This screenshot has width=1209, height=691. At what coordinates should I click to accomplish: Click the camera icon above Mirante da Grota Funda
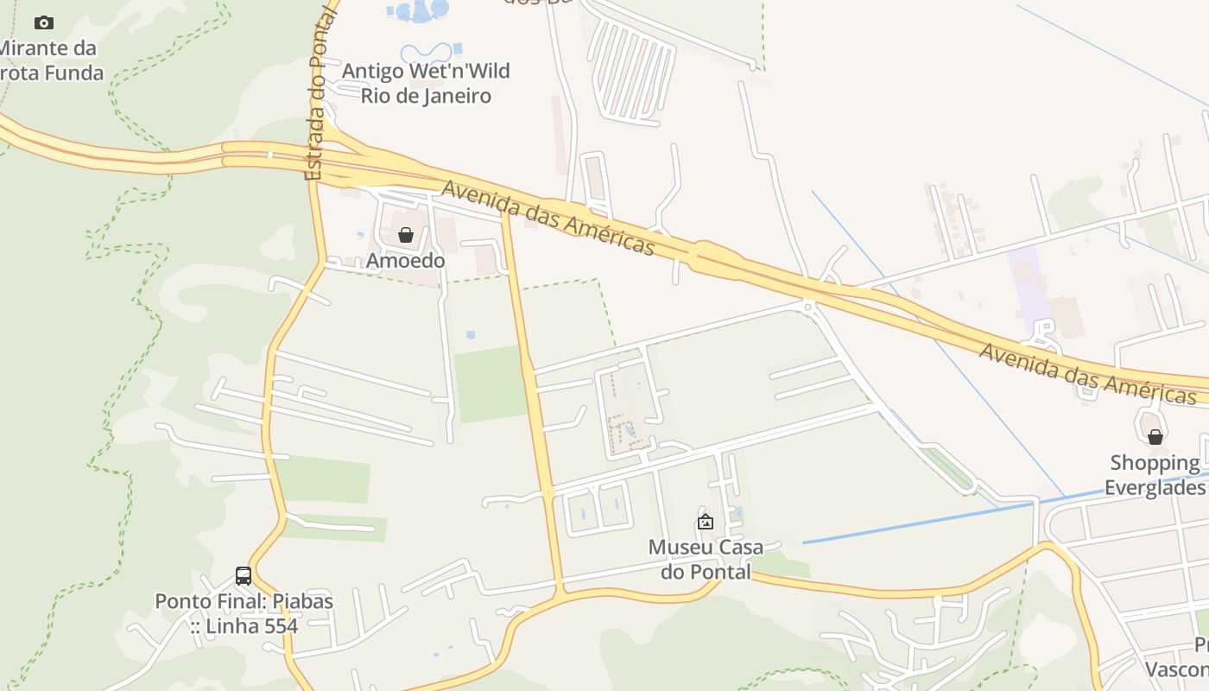[44, 22]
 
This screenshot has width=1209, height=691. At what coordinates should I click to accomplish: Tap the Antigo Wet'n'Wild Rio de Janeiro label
[426, 83]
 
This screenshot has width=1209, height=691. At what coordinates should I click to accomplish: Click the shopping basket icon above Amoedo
[406, 235]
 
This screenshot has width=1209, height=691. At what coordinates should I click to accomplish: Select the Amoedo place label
[406, 260]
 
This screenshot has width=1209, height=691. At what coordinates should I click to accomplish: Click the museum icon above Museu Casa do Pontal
[706, 522]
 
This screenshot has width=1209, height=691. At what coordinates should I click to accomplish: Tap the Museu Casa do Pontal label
[706, 559]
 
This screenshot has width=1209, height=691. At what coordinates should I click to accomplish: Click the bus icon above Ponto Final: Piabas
[244, 575]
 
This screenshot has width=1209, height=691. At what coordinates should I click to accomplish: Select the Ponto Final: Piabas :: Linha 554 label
[244, 613]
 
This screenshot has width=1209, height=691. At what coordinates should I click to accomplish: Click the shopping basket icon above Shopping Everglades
[1155, 437]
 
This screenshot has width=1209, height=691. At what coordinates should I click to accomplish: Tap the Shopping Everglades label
[1155, 475]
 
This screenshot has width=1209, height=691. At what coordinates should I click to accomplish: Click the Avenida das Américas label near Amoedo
[548, 218]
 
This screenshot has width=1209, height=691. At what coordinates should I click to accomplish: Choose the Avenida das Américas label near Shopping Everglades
[1088, 373]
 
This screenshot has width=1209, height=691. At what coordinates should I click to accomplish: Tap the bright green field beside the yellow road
[489, 384]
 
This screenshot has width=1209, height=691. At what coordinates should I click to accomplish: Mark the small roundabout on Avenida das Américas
[808, 305]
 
